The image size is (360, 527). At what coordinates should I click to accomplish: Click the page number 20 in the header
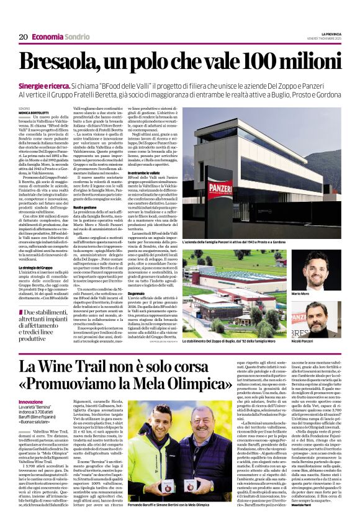click(22, 37)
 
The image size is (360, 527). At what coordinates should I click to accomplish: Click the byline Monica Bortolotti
click(34, 112)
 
